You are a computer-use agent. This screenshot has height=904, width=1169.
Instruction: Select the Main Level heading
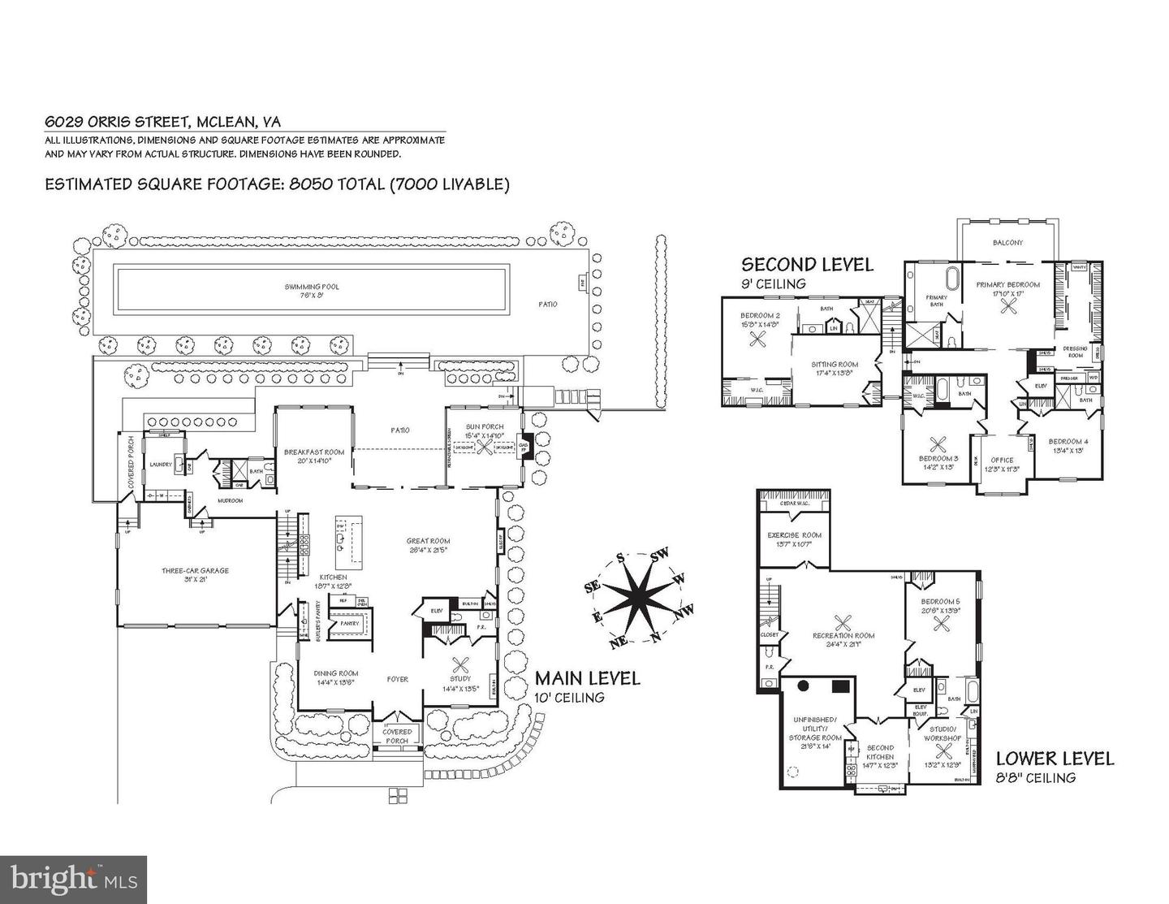[587, 678]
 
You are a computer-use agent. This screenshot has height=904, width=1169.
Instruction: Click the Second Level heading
[807, 264]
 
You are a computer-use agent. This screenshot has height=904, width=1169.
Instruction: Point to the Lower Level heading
[1055, 759]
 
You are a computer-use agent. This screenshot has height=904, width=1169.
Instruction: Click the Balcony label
[1007, 243]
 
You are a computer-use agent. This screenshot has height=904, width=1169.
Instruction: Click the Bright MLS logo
[74, 880]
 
